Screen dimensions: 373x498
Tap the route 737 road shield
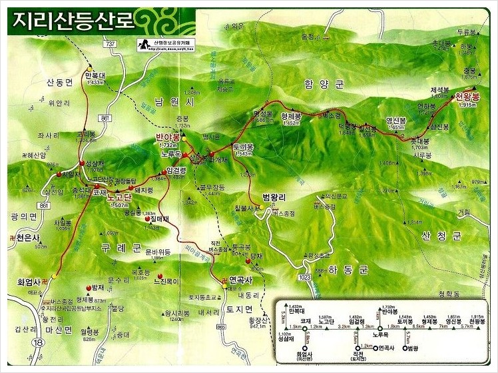point(111,43)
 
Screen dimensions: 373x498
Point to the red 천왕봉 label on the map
point(467,97)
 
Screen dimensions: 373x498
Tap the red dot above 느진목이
point(160,276)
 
